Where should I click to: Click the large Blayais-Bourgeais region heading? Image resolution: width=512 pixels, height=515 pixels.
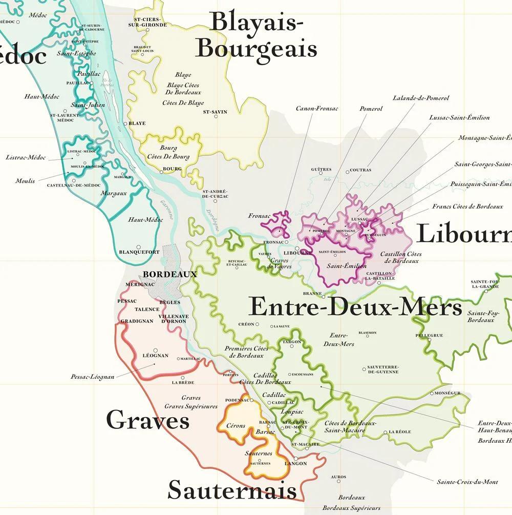(x=256, y=36)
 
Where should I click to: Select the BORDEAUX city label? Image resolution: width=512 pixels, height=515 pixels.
(x=170, y=274)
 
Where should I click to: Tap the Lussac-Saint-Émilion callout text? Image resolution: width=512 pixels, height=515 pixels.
(x=459, y=117)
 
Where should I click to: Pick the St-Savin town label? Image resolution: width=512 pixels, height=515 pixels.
(x=215, y=112)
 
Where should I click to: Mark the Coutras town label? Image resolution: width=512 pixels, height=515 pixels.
(x=360, y=170)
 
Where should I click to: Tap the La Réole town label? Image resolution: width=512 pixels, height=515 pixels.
(x=399, y=432)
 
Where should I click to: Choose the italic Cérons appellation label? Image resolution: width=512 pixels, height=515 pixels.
(x=236, y=425)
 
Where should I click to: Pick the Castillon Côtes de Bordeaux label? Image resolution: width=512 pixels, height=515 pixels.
(x=401, y=257)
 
